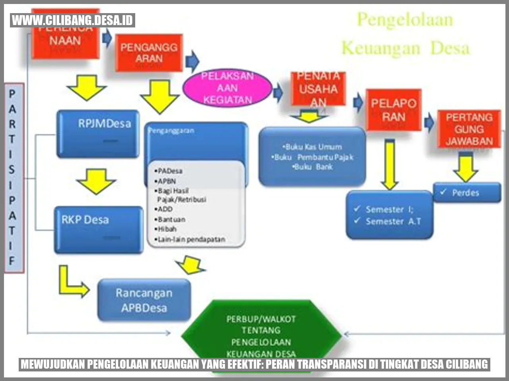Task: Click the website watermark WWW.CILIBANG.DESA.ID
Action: (73, 20)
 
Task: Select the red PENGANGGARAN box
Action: (149, 53)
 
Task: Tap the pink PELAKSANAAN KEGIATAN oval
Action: (227, 88)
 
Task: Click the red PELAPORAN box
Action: (394, 110)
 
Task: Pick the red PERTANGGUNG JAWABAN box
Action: (469, 129)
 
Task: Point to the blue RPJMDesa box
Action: (98, 133)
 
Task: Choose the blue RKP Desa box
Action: (98, 229)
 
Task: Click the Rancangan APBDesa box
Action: (144, 300)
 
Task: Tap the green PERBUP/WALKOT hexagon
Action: (261, 334)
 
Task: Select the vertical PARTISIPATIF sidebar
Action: (14, 178)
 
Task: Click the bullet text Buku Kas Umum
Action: (313, 147)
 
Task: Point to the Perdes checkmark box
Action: (467, 193)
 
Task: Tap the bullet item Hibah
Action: (167, 229)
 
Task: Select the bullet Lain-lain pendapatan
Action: (191, 239)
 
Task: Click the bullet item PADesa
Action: (170, 171)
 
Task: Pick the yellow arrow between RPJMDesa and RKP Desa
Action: (96, 181)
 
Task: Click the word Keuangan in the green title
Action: (381, 49)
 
